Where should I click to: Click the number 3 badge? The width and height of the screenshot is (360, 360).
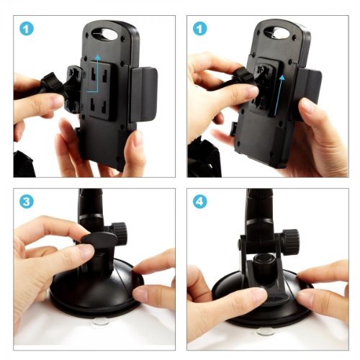(27, 202)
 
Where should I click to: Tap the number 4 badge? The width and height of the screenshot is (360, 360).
(199, 202)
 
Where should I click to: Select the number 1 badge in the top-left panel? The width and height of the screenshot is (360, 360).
(27, 29)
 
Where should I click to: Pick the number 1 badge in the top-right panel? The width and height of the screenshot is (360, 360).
(199, 29)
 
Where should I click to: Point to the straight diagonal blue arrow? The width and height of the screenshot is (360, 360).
(279, 95)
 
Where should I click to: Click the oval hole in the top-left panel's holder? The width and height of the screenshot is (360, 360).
(105, 34)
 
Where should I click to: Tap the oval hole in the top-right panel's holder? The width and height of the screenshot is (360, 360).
(277, 32)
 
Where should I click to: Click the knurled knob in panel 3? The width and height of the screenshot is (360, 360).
(119, 233)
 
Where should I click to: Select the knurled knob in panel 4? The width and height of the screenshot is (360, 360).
(291, 240)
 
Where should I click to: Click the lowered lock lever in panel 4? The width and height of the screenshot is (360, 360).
(276, 298)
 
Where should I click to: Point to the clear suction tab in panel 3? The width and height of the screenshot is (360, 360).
(101, 322)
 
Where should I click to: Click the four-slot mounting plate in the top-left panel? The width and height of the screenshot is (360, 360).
(100, 91)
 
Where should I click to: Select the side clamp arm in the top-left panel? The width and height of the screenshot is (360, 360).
(143, 94)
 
